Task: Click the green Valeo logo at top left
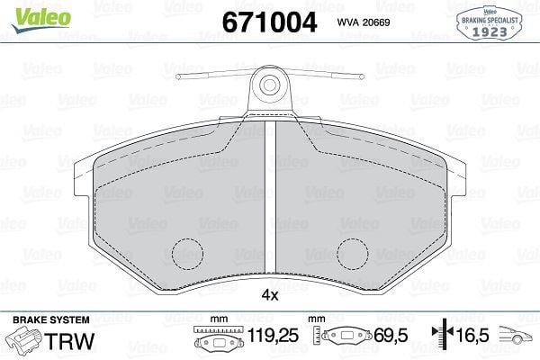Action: [41, 19]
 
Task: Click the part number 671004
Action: [269, 22]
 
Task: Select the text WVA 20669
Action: [364, 22]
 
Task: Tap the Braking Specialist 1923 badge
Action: [490, 23]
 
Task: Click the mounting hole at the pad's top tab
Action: [270, 85]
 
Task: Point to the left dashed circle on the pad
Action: [187, 254]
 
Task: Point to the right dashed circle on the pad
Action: [353, 254]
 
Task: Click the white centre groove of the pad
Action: [270, 196]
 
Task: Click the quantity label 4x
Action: [270, 295]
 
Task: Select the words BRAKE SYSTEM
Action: [51, 319]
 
